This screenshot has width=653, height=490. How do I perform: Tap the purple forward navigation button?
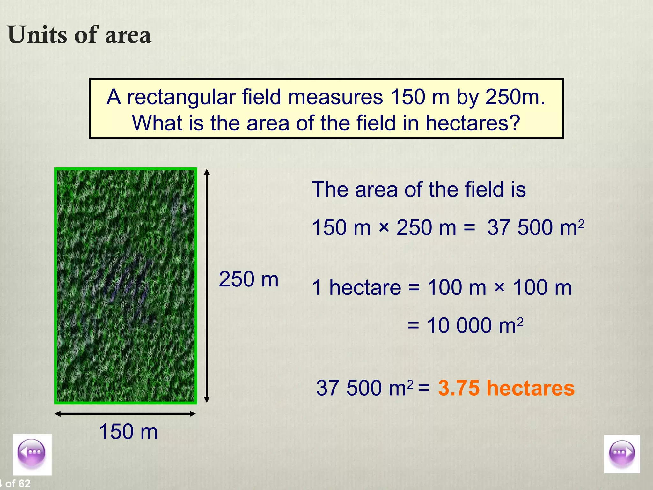pyautogui.click(x=622, y=454)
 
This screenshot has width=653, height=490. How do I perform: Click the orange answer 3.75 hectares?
pyautogui.click(x=506, y=388)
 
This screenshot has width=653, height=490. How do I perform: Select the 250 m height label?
pyautogui.click(x=249, y=279)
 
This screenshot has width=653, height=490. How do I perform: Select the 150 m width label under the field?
pyautogui.click(x=128, y=432)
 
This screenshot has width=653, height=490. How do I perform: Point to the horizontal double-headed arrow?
pyautogui.click(x=125, y=414)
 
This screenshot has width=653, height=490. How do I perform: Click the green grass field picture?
pyautogui.click(x=126, y=286)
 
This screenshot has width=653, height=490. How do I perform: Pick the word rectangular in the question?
pyautogui.click(x=181, y=97)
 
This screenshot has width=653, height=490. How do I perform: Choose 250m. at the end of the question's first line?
pyautogui.click(x=515, y=97)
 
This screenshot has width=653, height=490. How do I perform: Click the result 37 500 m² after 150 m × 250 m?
pyautogui.click(x=536, y=227)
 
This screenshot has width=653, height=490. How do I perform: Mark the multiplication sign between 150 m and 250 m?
pyautogui.click(x=384, y=228)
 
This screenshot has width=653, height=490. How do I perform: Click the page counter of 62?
pyautogui.click(x=16, y=484)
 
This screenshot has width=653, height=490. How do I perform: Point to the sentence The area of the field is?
pyautogui.click(x=418, y=189)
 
